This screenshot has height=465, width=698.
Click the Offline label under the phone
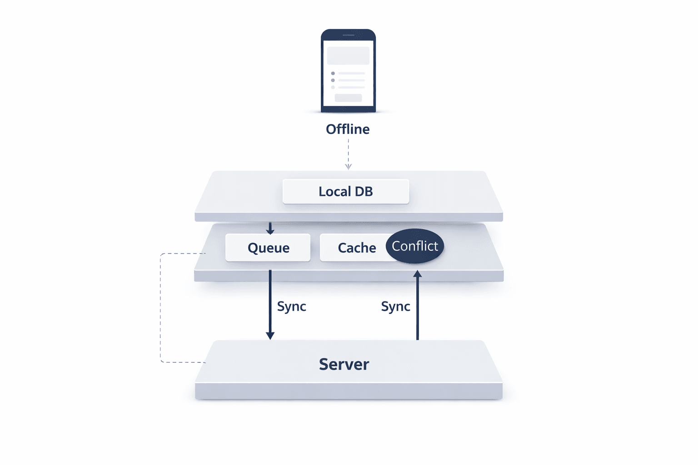click(348, 129)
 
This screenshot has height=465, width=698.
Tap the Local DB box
click(346, 191)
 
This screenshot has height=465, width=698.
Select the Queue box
click(268, 247)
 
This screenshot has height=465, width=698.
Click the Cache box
click(354, 247)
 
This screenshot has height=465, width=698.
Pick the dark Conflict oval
click(415, 246)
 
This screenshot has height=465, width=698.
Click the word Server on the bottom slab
click(344, 364)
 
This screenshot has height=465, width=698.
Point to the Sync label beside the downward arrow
click(291, 307)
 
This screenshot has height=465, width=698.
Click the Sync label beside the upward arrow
click(395, 307)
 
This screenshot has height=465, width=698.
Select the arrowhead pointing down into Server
click(270, 336)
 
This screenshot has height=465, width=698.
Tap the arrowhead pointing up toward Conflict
click(418, 274)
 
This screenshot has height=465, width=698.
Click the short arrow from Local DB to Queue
click(270, 228)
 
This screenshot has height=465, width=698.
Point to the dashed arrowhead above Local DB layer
click(349, 167)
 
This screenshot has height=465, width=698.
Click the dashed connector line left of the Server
click(160, 309)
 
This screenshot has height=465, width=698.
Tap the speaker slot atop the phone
click(348, 35)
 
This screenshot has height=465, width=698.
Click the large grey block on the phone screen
click(348, 56)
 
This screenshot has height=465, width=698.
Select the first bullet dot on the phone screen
click(333, 73)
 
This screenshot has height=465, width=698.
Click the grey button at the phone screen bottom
click(348, 98)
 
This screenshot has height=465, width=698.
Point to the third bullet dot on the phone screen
click(333, 87)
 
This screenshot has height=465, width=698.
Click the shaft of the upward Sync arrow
click(418, 309)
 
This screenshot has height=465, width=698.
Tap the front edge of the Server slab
click(349, 391)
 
